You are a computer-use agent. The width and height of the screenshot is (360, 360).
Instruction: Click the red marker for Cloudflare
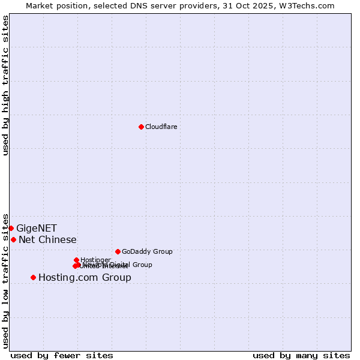point(141,127)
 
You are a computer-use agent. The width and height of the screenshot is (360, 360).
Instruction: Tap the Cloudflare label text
point(161,127)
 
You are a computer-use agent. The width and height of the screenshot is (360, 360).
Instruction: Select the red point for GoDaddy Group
point(118,251)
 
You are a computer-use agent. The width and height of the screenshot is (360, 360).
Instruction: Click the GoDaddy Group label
point(147,251)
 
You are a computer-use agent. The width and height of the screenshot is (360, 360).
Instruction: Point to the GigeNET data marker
point(11,228)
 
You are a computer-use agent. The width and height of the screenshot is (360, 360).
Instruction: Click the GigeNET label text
point(37,228)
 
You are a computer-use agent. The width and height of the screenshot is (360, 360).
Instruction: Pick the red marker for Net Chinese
point(13,239)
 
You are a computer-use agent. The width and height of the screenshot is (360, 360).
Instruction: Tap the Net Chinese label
point(47,239)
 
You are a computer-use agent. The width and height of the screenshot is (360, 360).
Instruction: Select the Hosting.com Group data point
point(33,277)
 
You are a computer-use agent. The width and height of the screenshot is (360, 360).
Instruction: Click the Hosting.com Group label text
point(85,277)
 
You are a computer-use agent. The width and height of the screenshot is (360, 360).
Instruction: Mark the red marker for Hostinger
point(76,260)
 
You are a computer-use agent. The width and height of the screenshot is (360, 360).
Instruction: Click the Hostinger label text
point(95,260)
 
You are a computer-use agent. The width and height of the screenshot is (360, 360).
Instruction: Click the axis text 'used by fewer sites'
point(62,355)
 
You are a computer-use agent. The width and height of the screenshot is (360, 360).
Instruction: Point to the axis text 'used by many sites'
point(301,355)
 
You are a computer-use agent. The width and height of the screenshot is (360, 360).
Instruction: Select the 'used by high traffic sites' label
point(5,85)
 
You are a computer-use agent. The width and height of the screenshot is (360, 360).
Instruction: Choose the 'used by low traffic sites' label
point(5,281)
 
